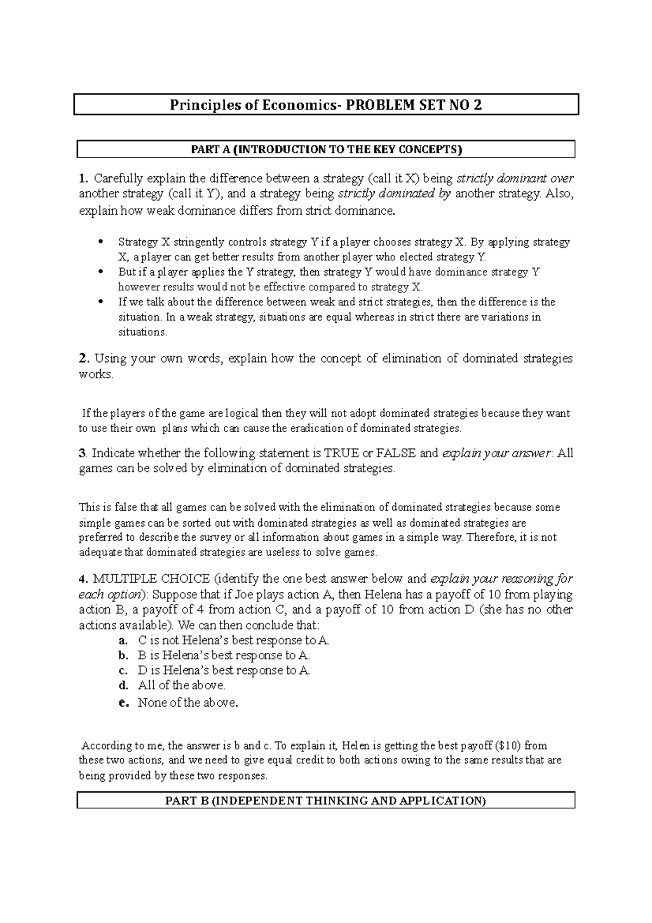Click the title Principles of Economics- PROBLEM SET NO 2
click(x=326, y=105)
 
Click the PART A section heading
click(x=326, y=149)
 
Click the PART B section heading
click(x=326, y=800)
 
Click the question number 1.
click(x=83, y=178)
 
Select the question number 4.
click(x=83, y=579)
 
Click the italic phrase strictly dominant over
click(x=515, y=178)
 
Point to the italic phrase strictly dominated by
click(x=394, y=194)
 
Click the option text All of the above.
click(x=182, y=685)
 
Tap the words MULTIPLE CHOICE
click(x=152, y=579)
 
